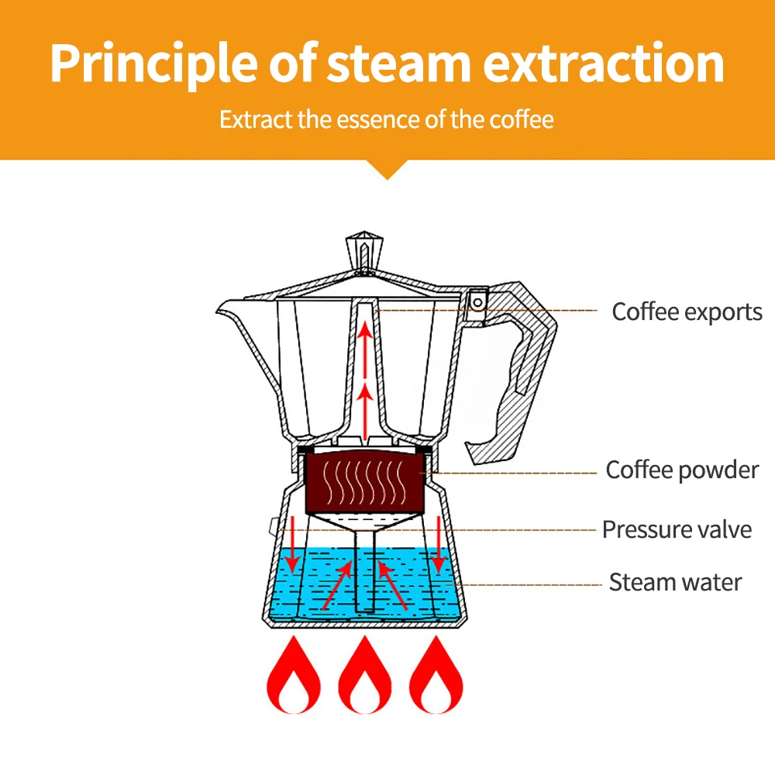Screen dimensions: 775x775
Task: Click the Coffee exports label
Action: [687, 312]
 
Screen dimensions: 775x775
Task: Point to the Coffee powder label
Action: [682, 470]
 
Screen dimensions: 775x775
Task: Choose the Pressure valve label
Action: [677, 530]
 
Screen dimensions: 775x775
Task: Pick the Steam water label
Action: [675, 582]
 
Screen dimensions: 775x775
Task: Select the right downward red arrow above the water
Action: [439, 542]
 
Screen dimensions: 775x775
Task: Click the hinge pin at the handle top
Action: [477, 298]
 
